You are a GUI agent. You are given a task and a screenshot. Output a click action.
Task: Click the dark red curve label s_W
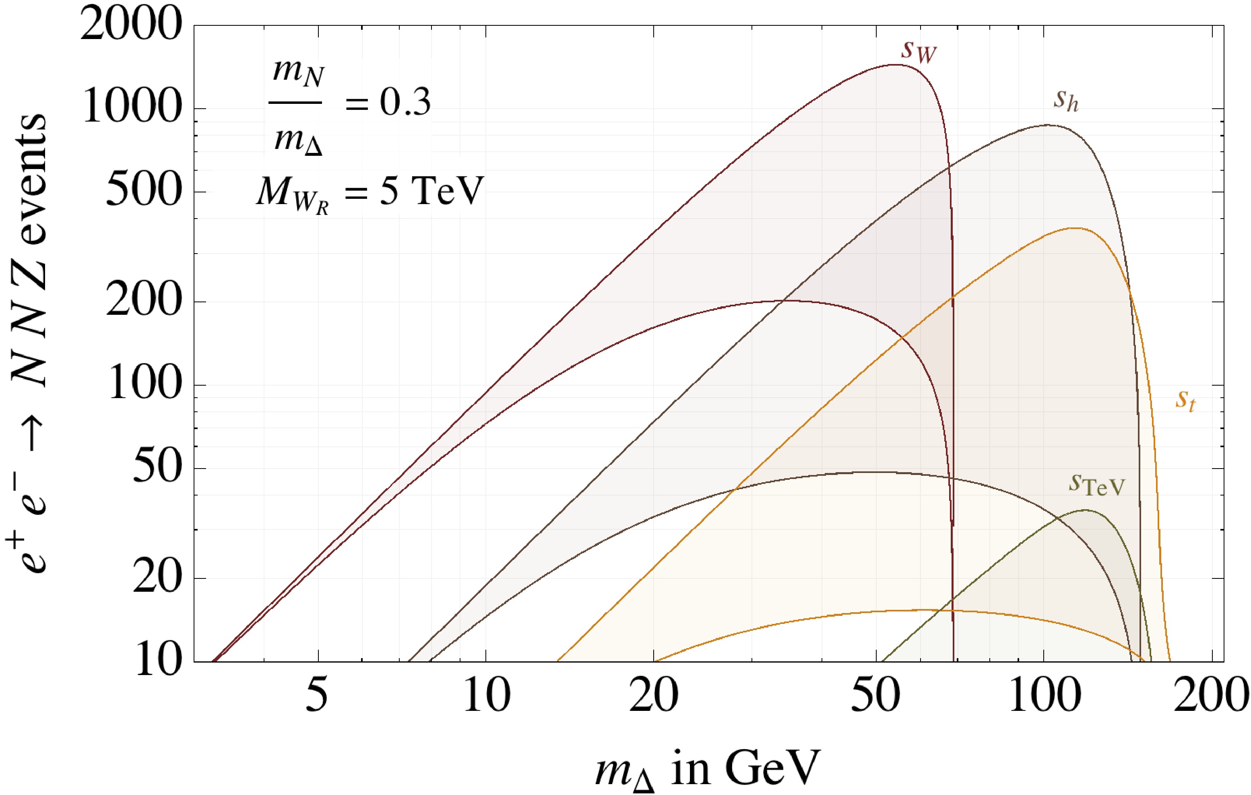(919, 52)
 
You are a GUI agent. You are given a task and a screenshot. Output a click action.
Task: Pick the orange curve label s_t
(1185, 401)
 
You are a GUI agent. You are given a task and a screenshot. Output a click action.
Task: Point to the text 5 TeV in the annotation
(432, 191)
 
